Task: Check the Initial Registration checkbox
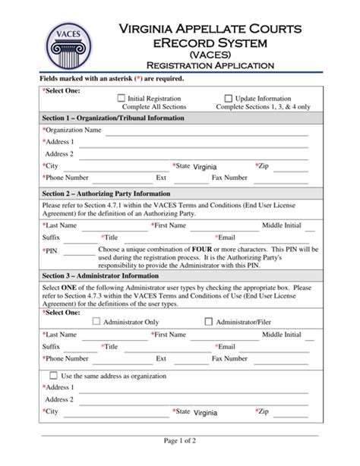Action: coord(122,99)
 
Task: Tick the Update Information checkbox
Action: coord(228,99)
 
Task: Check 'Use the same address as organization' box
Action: coord(52,376)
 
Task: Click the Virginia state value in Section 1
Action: coord(205,166)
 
